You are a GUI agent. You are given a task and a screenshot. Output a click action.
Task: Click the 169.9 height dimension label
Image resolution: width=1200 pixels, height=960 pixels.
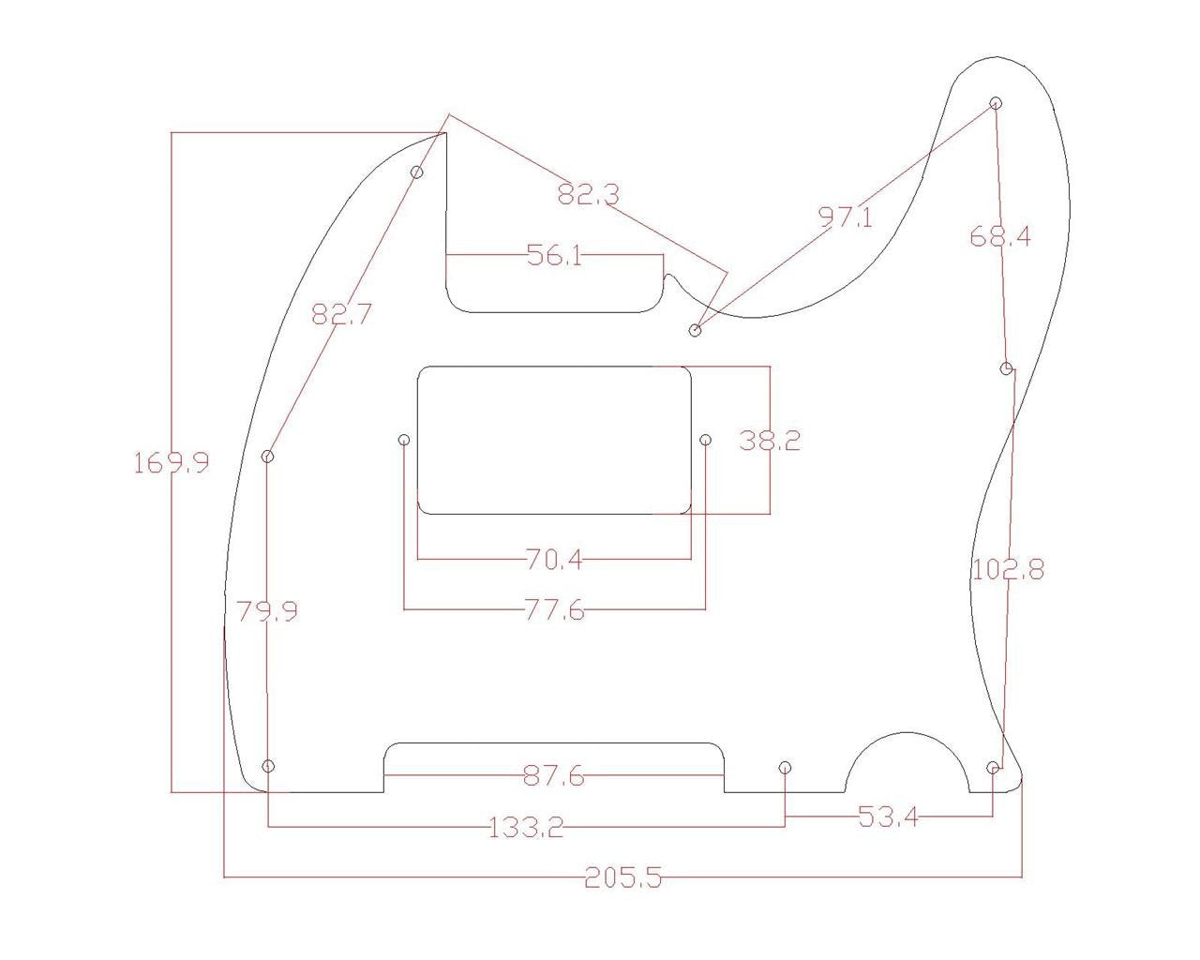(171, 462)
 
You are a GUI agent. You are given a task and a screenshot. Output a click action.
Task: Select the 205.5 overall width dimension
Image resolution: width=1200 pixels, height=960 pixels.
(622, 878)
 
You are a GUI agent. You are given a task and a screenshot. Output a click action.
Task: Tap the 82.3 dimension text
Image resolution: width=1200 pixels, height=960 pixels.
(588, 195)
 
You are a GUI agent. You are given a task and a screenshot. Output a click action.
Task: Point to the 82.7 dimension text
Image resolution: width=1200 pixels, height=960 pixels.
(341, 314)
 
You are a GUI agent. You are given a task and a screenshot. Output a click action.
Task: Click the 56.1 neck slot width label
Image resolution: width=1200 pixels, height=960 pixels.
(554, 255)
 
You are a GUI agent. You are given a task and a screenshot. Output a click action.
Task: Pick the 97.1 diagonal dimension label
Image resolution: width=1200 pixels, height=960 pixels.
(845, 217)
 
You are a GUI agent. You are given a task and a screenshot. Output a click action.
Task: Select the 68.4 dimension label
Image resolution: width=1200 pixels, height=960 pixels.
(999, 236)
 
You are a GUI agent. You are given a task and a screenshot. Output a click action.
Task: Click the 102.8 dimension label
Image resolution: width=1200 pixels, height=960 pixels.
(1007, 569)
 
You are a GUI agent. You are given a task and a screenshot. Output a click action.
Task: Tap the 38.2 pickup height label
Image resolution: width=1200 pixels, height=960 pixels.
(770, 441)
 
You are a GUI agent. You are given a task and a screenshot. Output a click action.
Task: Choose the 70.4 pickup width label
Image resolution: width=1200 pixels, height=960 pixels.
(554, 561)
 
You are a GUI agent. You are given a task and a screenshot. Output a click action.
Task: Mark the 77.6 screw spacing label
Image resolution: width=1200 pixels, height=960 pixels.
(554, 611)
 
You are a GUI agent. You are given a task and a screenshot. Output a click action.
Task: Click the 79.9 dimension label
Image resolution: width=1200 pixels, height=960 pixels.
(267, 612)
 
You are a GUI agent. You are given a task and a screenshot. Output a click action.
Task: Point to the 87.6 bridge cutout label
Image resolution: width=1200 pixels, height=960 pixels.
(554, 776)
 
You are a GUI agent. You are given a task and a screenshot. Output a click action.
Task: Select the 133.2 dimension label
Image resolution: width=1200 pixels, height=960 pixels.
(526, 827)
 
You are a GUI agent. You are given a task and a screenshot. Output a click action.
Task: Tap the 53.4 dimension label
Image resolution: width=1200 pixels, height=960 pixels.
(888, 817)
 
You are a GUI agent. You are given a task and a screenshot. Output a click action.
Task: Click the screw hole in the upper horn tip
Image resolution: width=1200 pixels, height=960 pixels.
(996, 103)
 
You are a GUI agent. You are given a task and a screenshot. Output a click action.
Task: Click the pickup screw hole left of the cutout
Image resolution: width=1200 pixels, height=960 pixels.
(404, 440)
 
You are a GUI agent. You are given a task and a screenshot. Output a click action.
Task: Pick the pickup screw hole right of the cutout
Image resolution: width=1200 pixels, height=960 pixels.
(706, 440)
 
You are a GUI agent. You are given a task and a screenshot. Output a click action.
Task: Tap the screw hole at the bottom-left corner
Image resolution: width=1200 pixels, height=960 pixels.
(268, 766)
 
